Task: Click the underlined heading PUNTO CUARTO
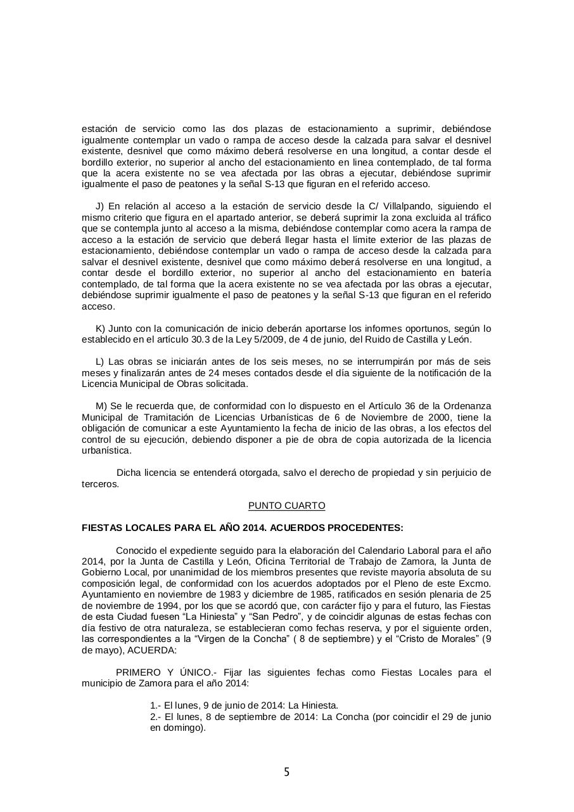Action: click(x=286, y=506)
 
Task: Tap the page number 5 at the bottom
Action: click(x=286, y=772)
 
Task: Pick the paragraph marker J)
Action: click(x=99, y=206)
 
